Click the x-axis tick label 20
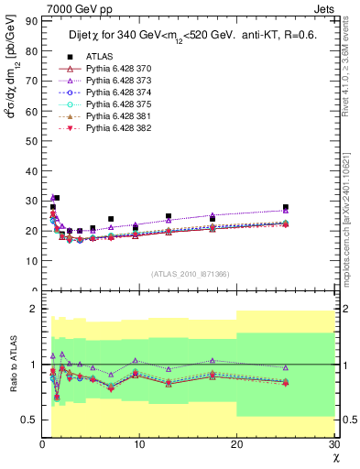coord(236,444)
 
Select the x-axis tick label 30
coord(333,444)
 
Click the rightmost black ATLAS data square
coord(286,207)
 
